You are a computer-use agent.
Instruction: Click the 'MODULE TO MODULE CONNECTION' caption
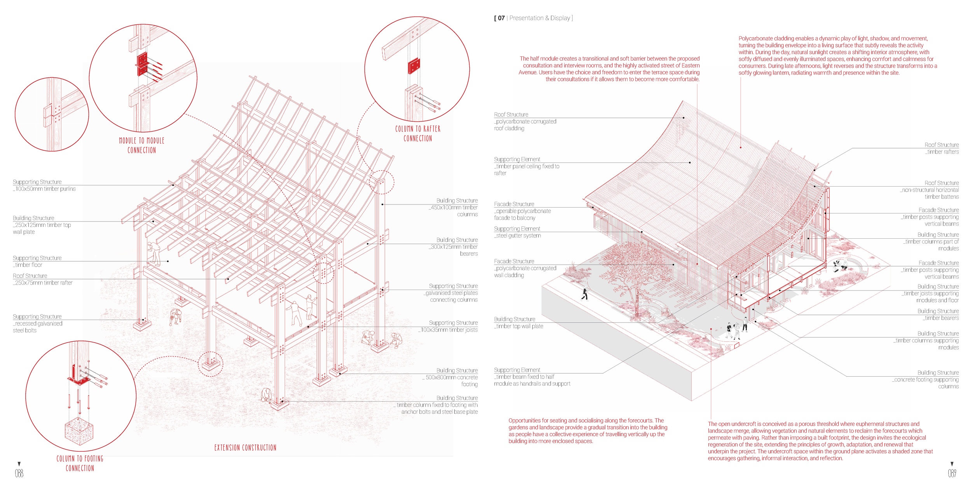(142, 145)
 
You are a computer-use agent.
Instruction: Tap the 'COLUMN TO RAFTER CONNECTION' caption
(418, 133)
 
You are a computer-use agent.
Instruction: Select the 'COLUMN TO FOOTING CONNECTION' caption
(80, 463)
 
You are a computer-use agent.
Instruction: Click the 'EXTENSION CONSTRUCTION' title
(245, 447)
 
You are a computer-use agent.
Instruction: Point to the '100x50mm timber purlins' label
(44, 185)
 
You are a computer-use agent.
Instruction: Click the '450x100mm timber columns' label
(454, 208)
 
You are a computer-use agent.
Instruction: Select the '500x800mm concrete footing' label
(451, 377)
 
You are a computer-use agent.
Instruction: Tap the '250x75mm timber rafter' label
(43, 280)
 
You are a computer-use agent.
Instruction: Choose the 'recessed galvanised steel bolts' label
(37, 323)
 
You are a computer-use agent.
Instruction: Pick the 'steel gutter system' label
(517, 232)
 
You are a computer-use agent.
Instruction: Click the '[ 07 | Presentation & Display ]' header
(533, 18)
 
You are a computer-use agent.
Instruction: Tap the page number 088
(19, 473)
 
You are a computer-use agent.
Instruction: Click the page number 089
(952, 473)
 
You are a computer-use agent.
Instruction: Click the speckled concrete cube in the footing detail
(79, 432)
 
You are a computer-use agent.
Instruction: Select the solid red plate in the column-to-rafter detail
(414, 66)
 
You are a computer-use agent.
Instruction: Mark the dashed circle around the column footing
(211, 364)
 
